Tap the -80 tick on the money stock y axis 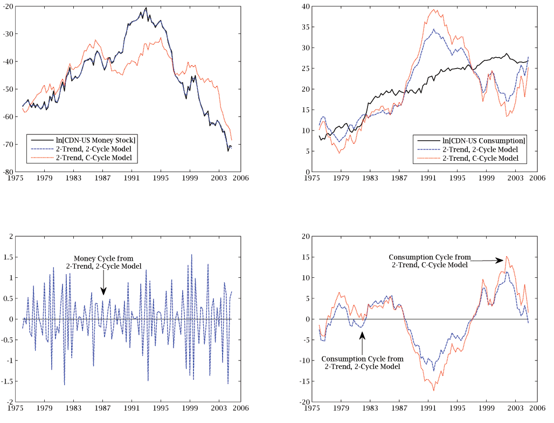[9, 172]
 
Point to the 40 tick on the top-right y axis [304, 6]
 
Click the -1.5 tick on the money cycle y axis [8, 381]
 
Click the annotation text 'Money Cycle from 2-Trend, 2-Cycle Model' [103, 262]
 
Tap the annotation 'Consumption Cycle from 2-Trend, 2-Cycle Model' [362, 363]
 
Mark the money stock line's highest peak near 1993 [146, 8]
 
